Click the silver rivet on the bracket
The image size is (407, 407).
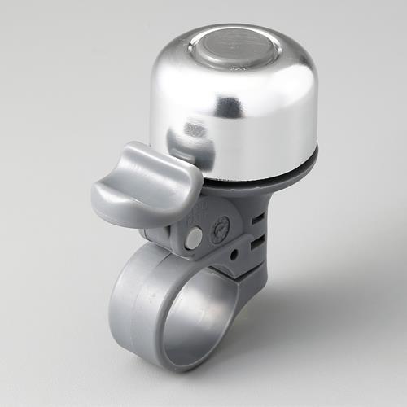pyautogui.click(x=193, y=238)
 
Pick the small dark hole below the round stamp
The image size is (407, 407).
pyautogui.click(x=233, y=255)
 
